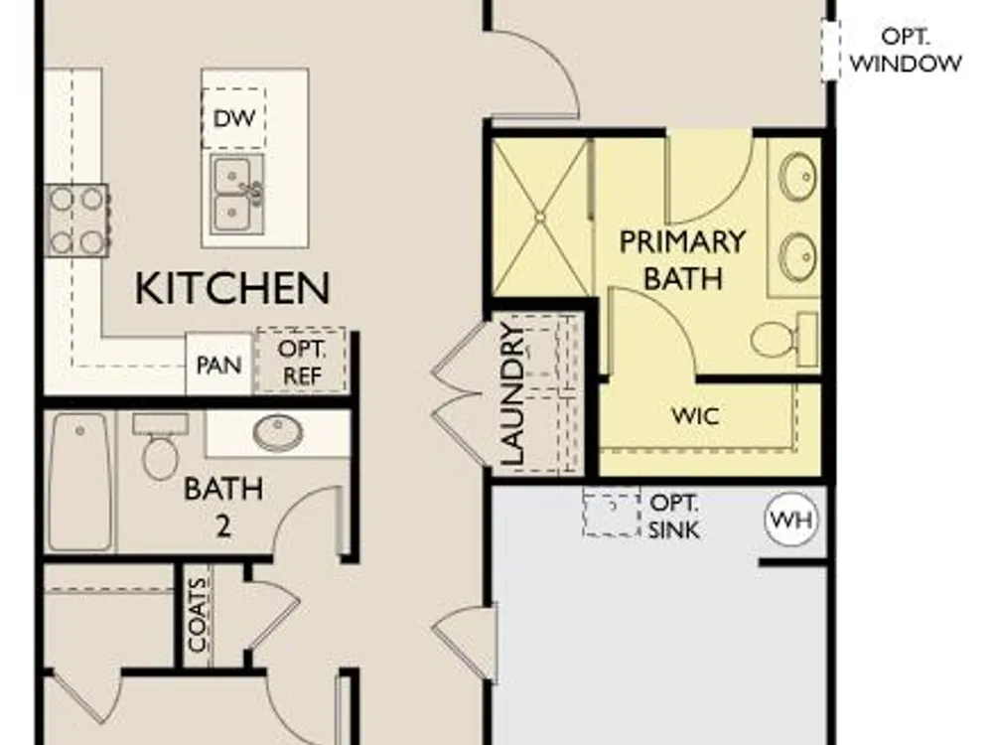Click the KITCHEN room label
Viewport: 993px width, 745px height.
click(232, 288)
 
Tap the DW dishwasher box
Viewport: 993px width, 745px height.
click(233, 118)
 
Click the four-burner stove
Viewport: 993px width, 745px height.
click(76, 221)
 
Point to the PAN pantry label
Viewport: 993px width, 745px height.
click(218, 366)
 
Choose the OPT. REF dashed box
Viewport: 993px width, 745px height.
click(301, 361)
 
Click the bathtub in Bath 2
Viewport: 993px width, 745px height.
click(79, 482)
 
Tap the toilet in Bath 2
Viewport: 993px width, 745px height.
click(160, 447)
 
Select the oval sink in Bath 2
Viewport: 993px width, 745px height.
click(277, 433)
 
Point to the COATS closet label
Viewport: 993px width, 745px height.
click(198, 615)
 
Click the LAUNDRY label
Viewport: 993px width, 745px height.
click(512, 394)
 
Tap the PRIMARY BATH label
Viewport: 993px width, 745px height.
click(682, 259)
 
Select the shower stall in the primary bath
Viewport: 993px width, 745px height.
click(541, 218)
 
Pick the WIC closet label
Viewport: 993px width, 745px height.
click(695, 416)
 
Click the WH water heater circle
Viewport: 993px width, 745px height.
click(791, 521)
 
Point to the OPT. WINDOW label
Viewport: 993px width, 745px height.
click(906, 50)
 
